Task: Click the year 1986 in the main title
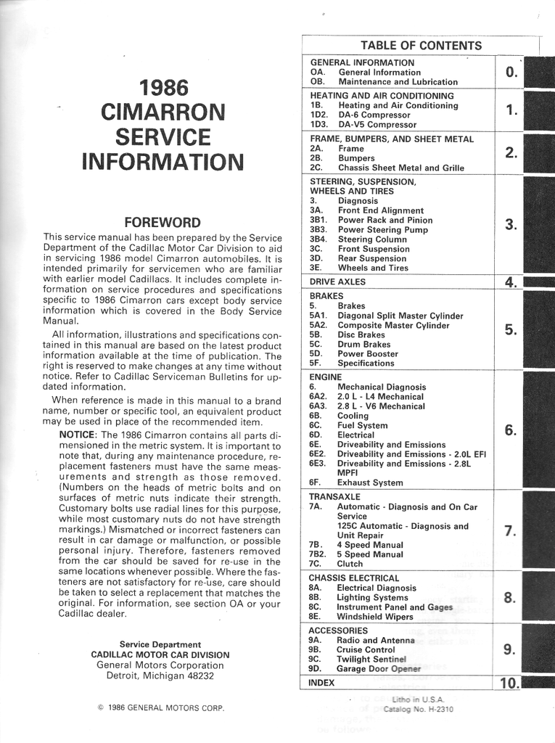[x=163, y=88]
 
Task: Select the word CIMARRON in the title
[x=163, y=112]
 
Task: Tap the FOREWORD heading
[x=163, y=222]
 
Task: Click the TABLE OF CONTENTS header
[x=421, y=46]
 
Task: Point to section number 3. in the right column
[x=511, y=224]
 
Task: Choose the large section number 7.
[x=510, y=530]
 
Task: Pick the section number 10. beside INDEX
[x=510, y=683]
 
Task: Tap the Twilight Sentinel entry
[x=371, y=659]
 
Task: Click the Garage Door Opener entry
[x=379, y=668]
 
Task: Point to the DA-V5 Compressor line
[x=377, y=124]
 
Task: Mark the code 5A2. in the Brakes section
[x=318, y=325]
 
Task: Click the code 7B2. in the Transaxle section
[x=318, y=554]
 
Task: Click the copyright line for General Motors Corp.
[x=160, y=707]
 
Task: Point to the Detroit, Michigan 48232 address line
[x=160, y=675]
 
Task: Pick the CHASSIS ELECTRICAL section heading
[x=354, y=578]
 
